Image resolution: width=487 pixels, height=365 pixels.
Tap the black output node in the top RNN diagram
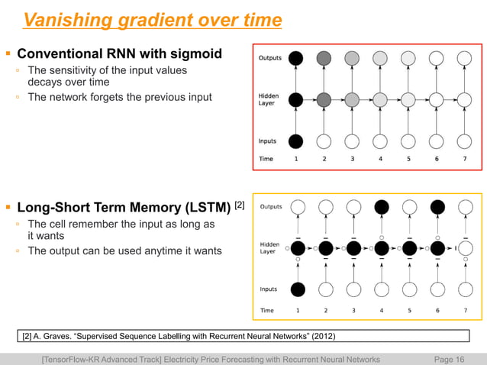297,58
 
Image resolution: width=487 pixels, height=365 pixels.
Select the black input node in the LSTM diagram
298,289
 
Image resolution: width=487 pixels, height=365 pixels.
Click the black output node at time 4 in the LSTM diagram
381,206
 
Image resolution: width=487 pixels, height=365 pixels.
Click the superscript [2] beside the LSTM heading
239,203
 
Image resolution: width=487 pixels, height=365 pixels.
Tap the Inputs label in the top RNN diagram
267,141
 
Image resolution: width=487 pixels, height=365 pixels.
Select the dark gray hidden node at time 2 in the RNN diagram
324,99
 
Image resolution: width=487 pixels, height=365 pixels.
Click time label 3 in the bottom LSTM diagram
353,311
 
